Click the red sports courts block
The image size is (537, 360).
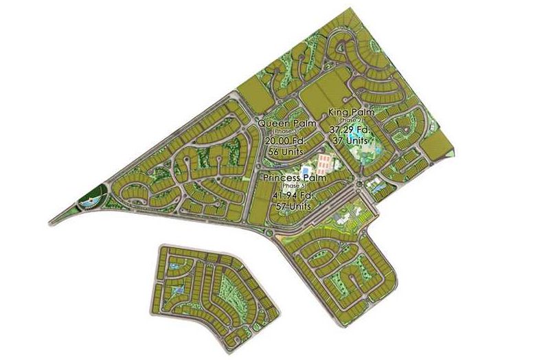pos(325,162)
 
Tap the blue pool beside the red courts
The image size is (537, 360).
pos(305,170)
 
